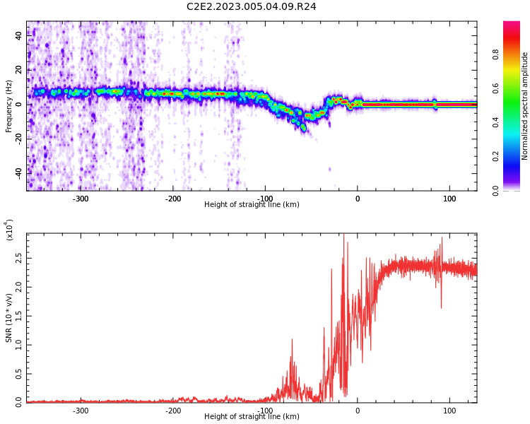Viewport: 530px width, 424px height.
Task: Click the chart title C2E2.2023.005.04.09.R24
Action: [251, 6]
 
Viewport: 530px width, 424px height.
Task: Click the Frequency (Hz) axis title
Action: [8, 107]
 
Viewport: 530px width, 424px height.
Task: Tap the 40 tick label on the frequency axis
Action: [18, 35]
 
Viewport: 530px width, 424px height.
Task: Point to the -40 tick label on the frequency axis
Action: [18, 172]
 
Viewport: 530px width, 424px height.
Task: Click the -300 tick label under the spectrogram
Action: [81, 199]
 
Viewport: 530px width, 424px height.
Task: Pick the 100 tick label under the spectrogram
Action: [449, 199]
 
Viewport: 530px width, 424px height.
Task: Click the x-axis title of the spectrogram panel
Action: [252, 204]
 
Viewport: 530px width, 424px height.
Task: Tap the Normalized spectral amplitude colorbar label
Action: [524, 106]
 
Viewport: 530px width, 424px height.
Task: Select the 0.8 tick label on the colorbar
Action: [495, 54]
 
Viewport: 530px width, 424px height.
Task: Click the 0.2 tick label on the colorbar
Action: [495, 156]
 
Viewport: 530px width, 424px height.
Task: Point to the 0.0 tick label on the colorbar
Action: [495, 191]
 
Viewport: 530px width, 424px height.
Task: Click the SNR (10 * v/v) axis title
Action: [8, 318]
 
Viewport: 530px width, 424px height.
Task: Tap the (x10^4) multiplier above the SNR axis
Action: [8, 230]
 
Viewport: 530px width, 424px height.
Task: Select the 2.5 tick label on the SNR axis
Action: [18, 259]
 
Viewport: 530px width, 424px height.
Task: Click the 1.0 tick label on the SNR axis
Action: [18, 346]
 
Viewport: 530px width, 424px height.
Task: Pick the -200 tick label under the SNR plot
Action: [172, 411]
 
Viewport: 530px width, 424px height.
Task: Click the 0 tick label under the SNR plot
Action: [358, 411]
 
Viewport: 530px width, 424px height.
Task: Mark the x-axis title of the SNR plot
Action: [252, 416]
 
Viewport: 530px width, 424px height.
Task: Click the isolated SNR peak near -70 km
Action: [292, 339]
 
